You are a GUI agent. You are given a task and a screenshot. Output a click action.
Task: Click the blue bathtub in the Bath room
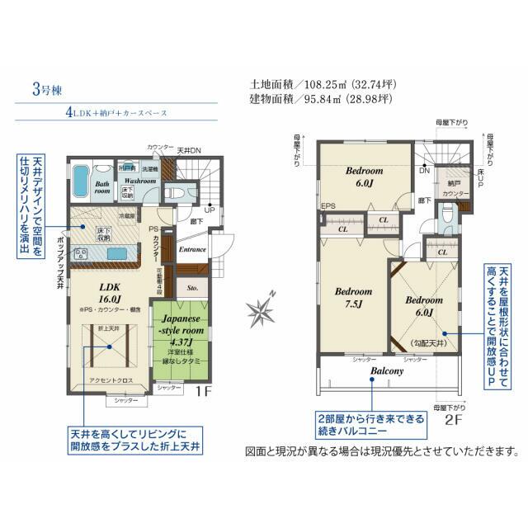pos(81,177)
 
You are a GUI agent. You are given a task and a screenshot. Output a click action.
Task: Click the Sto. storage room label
pos(193,288)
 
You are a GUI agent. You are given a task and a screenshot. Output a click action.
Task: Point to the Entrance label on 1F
pos(193,248)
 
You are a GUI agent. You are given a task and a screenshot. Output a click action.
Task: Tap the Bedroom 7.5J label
pos(352,298)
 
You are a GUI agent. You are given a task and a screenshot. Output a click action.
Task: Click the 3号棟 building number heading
pos(41,89)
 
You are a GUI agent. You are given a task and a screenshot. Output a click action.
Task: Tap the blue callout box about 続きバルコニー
pos(367,425)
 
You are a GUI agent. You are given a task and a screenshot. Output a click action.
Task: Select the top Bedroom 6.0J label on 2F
pos(364,177)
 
